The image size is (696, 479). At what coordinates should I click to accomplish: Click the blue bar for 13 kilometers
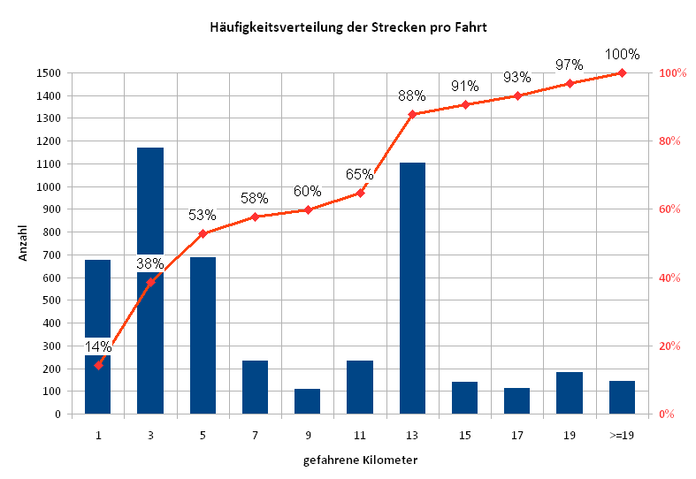click(x=412, y=288)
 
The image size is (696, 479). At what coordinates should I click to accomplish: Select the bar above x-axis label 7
click(x=256, y=387)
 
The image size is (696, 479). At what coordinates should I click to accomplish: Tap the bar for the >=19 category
click(x=622, y=398)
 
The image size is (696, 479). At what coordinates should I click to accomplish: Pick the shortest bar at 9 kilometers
click(x=307, y=401)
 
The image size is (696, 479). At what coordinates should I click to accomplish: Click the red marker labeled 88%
click(x=412, y=114)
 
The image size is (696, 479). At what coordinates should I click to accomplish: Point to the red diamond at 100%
click(x=622, y=72)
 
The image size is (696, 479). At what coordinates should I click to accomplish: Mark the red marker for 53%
click(x=203, y=233)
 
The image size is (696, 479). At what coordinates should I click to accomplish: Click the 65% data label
click(x=360, y=174)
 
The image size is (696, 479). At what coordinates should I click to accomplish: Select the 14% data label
click(x=98, y=346)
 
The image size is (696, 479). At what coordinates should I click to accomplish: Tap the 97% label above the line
click(x=569, y=65)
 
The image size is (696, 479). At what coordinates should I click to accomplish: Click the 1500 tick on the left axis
click(x=49, y=73)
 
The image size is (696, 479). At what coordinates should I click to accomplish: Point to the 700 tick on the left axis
click(x=51, y=255)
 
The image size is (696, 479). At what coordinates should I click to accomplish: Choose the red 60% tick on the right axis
click(x=669, y=209)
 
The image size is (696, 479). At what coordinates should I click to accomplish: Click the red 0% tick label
click(x=666, y=414)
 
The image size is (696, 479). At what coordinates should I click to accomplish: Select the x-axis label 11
click(x=360, y=436)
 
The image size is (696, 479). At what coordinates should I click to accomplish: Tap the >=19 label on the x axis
click(x=622, y=436)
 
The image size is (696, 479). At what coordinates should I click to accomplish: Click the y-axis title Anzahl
click(x=23, y=243)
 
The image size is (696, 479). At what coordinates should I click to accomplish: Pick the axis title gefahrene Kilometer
click(x=361, y=460)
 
